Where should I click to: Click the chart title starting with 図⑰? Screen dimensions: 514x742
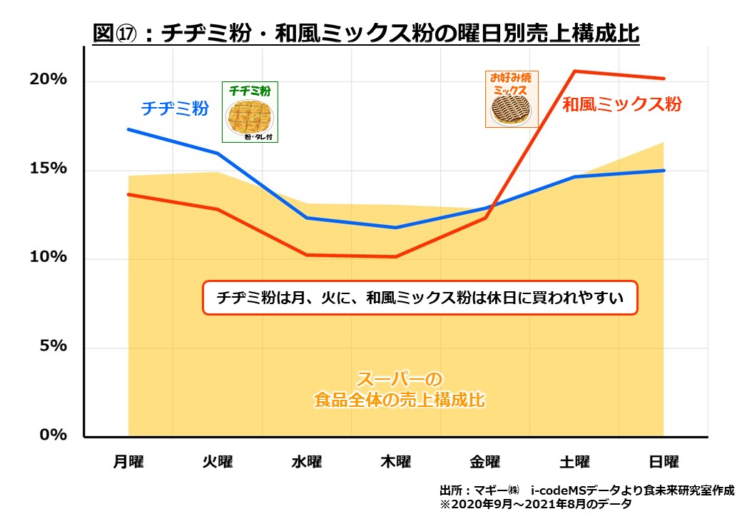[366, 33]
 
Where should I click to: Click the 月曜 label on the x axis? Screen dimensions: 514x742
[128, 462]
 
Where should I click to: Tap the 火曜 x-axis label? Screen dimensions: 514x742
[218, 462]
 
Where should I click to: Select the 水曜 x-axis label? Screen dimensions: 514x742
[307, 462]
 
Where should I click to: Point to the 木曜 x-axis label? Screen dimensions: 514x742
[396, 462]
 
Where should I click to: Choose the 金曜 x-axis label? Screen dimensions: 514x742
[485, 462]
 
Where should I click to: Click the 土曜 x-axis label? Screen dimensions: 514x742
[574, 462]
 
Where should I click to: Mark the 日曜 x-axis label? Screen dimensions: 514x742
[664, 462]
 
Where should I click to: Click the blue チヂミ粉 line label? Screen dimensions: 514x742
[175, 109]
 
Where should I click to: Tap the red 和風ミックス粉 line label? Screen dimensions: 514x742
[621, 104]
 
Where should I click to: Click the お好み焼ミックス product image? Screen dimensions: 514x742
[512, 99]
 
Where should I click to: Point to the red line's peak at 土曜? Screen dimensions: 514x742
[574, 71]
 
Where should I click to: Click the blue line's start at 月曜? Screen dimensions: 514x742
[128, 129]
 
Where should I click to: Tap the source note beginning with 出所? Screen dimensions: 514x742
[586, 490]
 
